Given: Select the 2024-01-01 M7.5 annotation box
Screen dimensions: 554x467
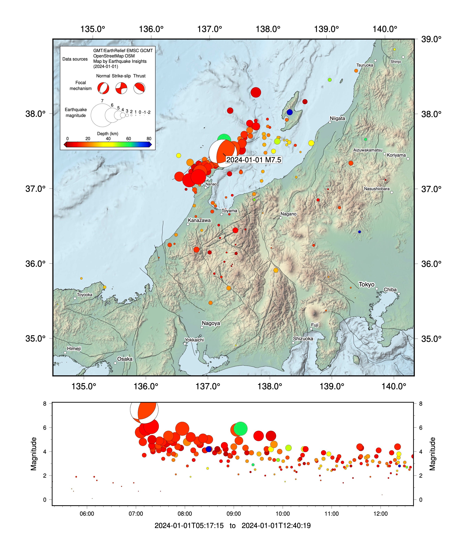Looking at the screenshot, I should coord(253,160).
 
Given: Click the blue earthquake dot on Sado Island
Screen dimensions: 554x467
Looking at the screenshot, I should coord(290,112).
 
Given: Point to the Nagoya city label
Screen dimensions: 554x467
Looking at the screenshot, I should coord(211,323).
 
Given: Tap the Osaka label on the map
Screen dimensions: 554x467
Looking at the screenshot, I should coord(125,359).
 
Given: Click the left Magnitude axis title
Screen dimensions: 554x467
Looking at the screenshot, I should coord(34,454).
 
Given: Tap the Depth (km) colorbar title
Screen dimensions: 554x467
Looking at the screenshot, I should coord(108,134).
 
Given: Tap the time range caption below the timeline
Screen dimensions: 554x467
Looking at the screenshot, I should coord(232,526).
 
